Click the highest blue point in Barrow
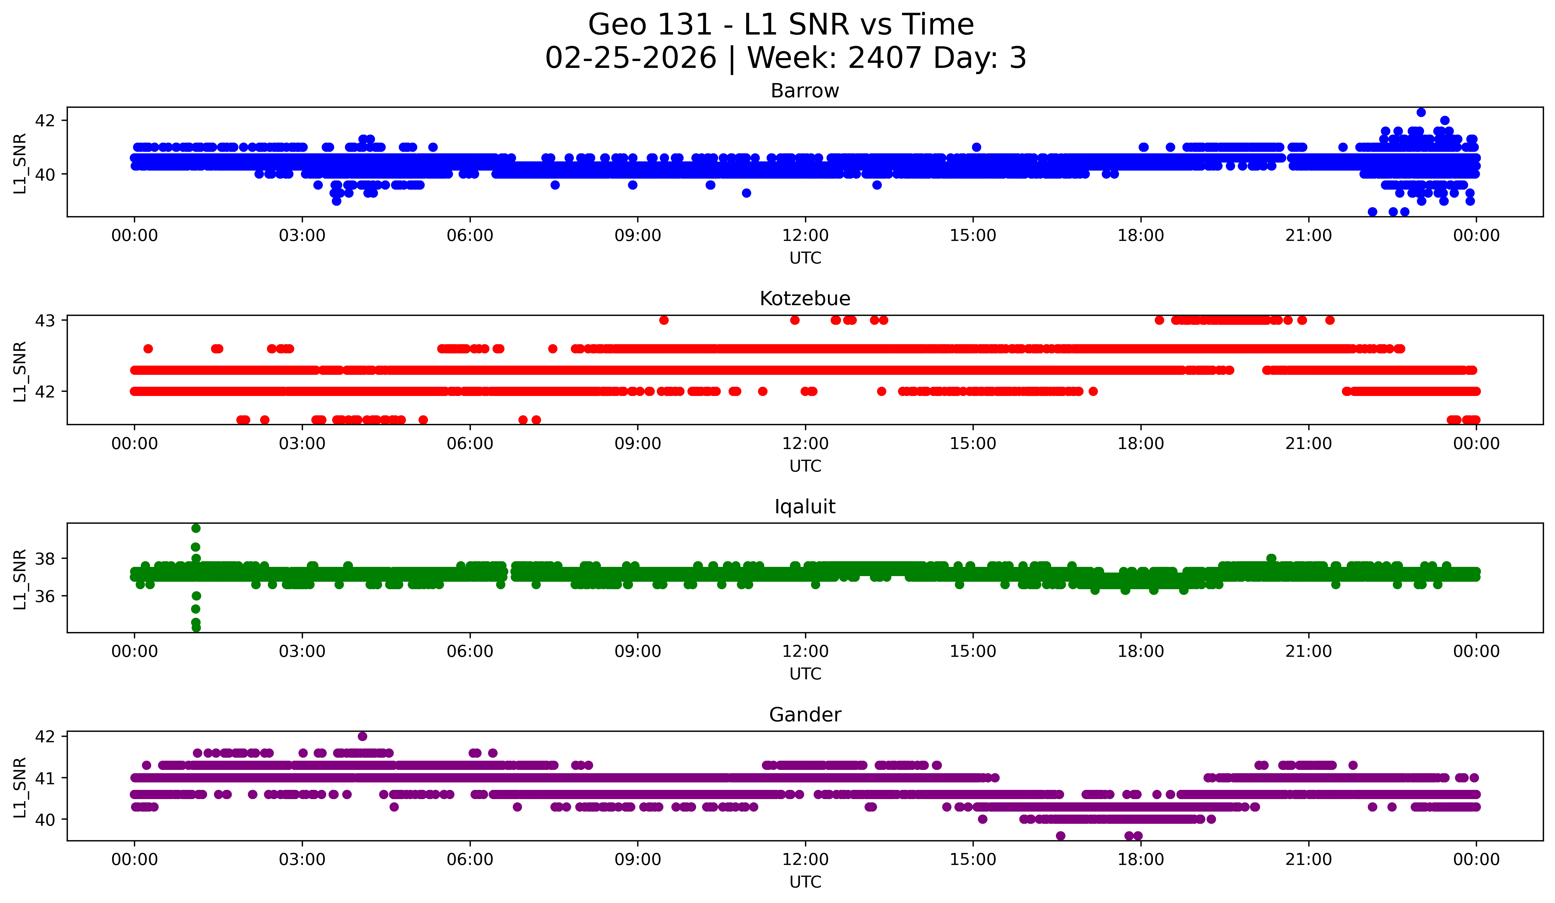1421,112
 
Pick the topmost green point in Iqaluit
196,528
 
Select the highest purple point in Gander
362,736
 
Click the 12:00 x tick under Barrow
805,236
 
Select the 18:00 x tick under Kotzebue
1140,444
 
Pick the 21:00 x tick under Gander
1308,860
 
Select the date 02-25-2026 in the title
631,58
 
